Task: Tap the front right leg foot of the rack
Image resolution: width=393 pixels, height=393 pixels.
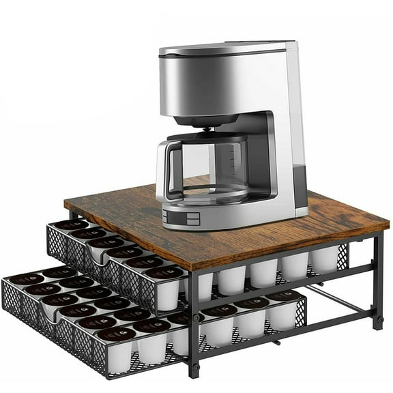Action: tap(194, 373)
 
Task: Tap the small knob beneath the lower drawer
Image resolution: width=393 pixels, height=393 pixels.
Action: tap(276, 341)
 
